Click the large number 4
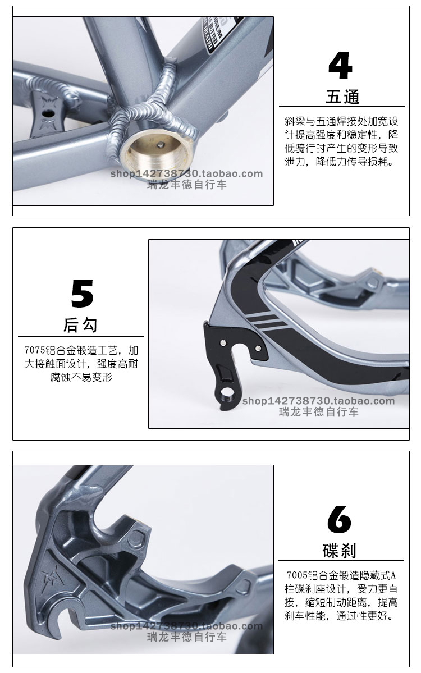(340, 66)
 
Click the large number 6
(339, 519)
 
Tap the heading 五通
(342, 97)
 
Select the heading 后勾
(80, 326)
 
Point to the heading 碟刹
(340, 551)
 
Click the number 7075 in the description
(35, 350)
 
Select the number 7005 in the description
(297, 575)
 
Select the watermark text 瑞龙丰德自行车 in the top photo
(187, 185)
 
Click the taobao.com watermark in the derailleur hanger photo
(318, 401)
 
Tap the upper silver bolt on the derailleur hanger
(223, 343)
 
